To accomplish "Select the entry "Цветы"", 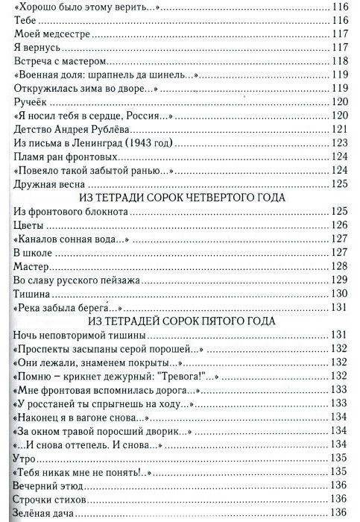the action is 30,225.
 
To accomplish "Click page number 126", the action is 341,225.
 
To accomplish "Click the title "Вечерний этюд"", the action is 49,485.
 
